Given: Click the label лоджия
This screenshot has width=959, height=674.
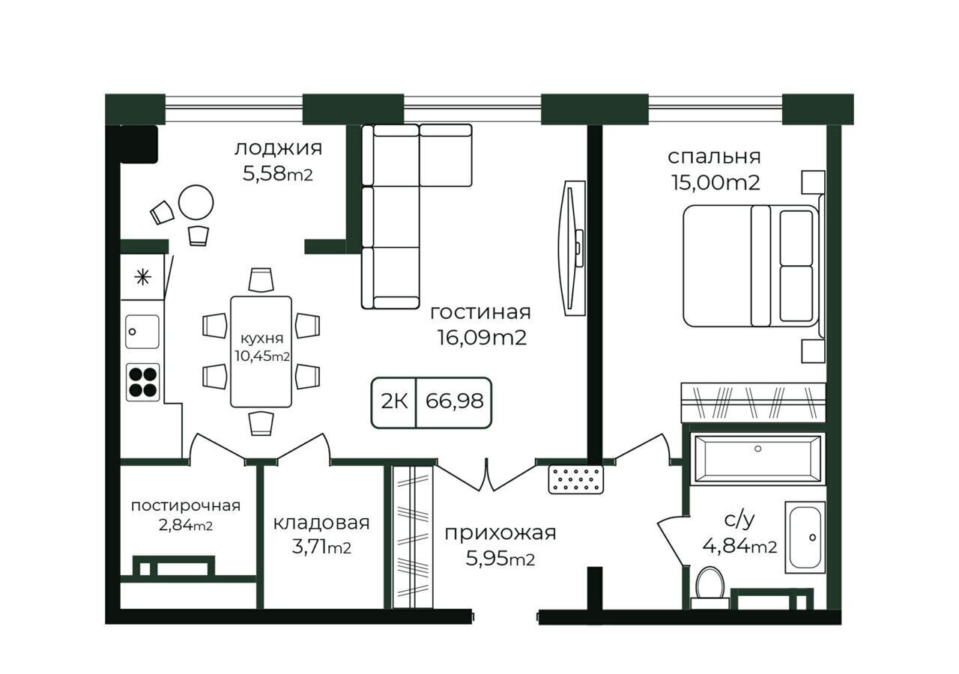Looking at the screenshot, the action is coord(278,149).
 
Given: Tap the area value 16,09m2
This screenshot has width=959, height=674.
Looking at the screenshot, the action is coord(482,338).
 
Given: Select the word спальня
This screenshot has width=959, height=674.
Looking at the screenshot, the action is coord(714,157).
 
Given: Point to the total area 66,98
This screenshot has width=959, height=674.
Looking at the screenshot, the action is coord(454,401).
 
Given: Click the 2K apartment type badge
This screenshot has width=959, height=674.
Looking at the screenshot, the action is coord(394,401).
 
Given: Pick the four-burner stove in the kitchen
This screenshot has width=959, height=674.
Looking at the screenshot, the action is coord(143,382).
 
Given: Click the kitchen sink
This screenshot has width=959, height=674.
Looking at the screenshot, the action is coord(142,332).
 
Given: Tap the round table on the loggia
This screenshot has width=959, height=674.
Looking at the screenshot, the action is coord(196,202).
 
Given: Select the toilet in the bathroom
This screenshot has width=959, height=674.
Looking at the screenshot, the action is coord(710,587).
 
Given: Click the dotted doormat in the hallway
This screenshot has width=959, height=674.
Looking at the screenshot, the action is coord(576,480).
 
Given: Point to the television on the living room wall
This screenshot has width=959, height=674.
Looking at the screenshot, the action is coord(572,248).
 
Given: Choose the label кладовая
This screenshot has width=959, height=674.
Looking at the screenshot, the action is coord(321,523).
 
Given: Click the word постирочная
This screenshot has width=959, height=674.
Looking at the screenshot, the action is coord(185,506).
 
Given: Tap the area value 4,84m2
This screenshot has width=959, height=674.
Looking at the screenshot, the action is coord(739,546).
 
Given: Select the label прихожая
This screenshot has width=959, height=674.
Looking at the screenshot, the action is coord(500,534).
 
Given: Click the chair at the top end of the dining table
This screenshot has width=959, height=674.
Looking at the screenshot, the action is coord(261,280).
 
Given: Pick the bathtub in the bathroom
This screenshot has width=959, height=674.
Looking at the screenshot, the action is coord(757,459).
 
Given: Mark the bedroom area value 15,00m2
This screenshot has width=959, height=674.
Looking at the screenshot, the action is coord(716,183).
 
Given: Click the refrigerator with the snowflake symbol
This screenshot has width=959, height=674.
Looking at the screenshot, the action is coord(142,277).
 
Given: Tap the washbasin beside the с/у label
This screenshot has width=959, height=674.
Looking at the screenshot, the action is coord(805,537).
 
